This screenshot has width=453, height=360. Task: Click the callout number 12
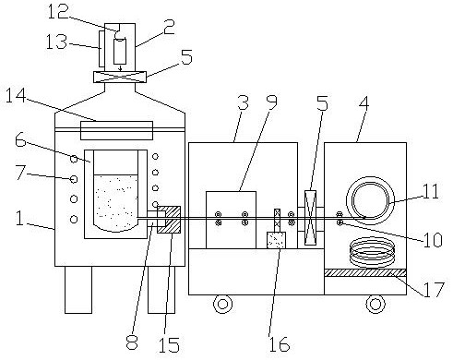tap(58, 12)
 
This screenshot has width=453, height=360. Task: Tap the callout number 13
tap(56, 42)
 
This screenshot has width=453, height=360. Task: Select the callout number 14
tap(16, 95)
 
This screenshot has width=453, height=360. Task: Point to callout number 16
tap(280, 343)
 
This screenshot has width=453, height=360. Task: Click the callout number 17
tap(434, 290)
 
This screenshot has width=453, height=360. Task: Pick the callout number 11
tap(431, 191)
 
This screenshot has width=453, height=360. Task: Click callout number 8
tap(132, 342)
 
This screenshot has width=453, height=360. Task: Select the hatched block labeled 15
tap(169, 220)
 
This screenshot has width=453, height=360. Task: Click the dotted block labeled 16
tap(276, 240)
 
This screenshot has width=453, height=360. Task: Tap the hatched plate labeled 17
tap(365, 273)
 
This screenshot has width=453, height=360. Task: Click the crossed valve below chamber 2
tap(120, 77)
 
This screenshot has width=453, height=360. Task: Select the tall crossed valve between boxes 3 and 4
tap(310, 218)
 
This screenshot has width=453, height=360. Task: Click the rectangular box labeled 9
tap(231, 220)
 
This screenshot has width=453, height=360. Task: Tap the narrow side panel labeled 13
tap(101, 48)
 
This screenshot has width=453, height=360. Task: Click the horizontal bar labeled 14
tap(116, 130)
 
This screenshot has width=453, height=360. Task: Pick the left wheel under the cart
tap(222, 304)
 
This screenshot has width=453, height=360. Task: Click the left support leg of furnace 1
tap(78, 290)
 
